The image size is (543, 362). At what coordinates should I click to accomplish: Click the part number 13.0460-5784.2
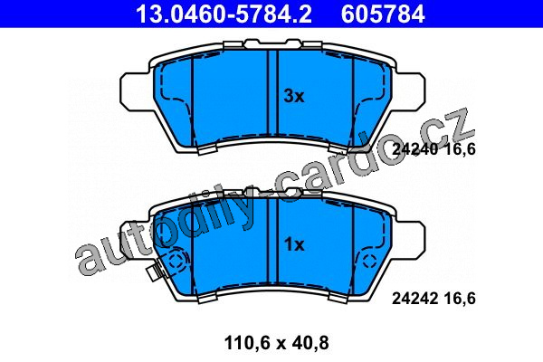tap(224, 14)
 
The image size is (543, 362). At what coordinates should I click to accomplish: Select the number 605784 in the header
tap(383, 14)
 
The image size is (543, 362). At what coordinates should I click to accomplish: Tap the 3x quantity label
tap(294, 96)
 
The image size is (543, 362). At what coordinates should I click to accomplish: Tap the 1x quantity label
tap(294, 245)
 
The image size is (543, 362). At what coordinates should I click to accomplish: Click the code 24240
tap(415, 149)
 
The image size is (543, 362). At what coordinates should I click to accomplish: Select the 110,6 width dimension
tap(246, 343)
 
